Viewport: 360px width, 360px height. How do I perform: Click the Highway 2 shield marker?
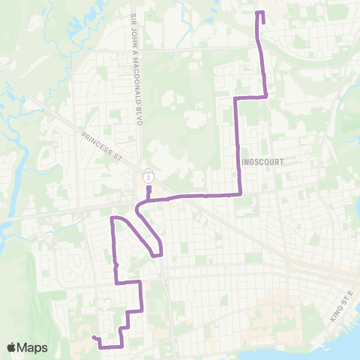(x=149, y=177)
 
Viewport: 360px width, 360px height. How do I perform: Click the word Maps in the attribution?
(x=34, y=347)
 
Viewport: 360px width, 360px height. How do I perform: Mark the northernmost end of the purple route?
(x=259, y=13)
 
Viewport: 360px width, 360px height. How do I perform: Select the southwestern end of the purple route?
(x=94, y=338)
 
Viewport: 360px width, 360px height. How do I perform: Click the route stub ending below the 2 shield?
(x=149, y=187)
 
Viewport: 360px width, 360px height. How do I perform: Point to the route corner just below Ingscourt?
(x=240, y=193)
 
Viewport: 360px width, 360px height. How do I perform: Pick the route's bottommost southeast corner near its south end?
(x=121, y=346)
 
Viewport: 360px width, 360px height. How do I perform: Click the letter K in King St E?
(x=331, y=318)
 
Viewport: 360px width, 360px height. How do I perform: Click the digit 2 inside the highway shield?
(x=149, y=177)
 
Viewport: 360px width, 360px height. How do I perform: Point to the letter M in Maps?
(x=24, y=347)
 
